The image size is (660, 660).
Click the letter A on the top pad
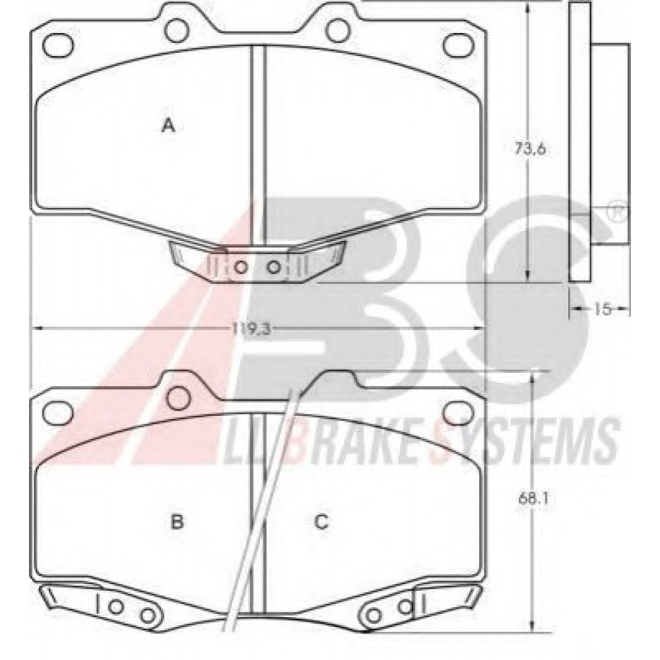(x=169, y=125)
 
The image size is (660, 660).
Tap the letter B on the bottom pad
(x=177, y=522)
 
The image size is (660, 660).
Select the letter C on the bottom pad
(x=321, y=522)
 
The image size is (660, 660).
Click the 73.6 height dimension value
(x=530, y=148)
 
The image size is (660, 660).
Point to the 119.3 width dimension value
(x=251, y=329)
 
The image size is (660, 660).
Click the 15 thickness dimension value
(x=603, y=309)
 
